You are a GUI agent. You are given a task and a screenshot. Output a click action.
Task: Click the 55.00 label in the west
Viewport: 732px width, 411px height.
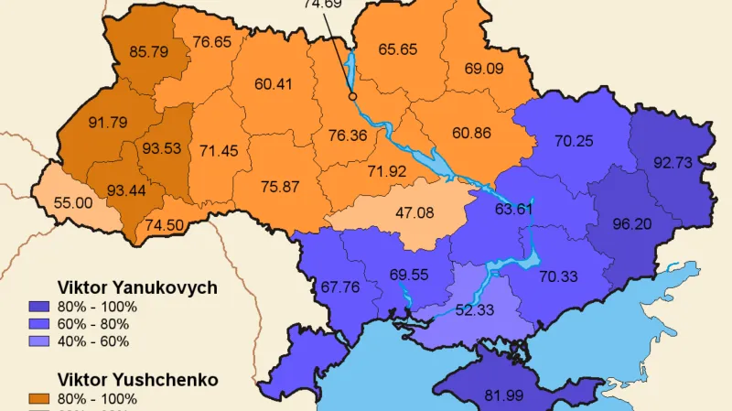tap(73, 202)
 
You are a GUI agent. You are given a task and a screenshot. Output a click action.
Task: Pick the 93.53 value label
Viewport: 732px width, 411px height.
tap(161, 148)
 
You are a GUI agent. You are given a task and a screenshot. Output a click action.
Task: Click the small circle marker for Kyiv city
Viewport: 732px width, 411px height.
tap(352, 93)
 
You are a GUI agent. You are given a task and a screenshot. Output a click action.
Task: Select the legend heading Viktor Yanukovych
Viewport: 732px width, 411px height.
tap(137, 287)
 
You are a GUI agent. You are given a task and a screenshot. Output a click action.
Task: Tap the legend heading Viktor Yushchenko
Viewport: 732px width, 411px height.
tap(137, 378)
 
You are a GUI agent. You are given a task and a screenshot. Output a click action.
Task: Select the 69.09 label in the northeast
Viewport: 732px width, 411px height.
tap(484, 68)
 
